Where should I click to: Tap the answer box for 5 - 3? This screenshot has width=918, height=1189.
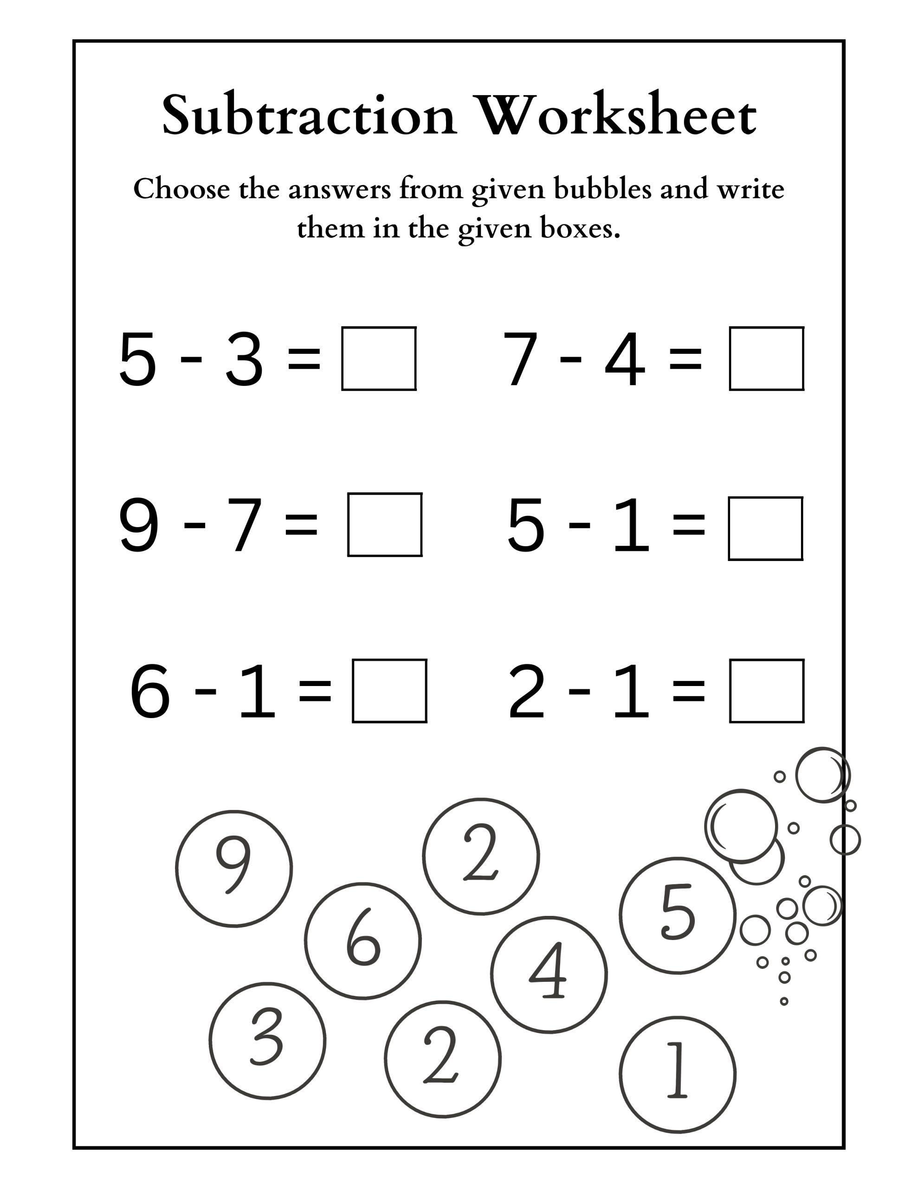click(379, 359)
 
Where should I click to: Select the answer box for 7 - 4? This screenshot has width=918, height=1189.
click(766, 359)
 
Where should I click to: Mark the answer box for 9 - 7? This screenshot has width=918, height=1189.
click(385, 525)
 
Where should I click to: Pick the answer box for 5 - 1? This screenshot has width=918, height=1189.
click(765, 529)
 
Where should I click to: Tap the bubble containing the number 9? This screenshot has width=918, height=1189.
click(234, 869)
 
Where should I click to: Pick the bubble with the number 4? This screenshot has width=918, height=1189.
click(549, 974)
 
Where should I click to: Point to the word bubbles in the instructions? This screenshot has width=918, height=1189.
click(602, 189)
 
